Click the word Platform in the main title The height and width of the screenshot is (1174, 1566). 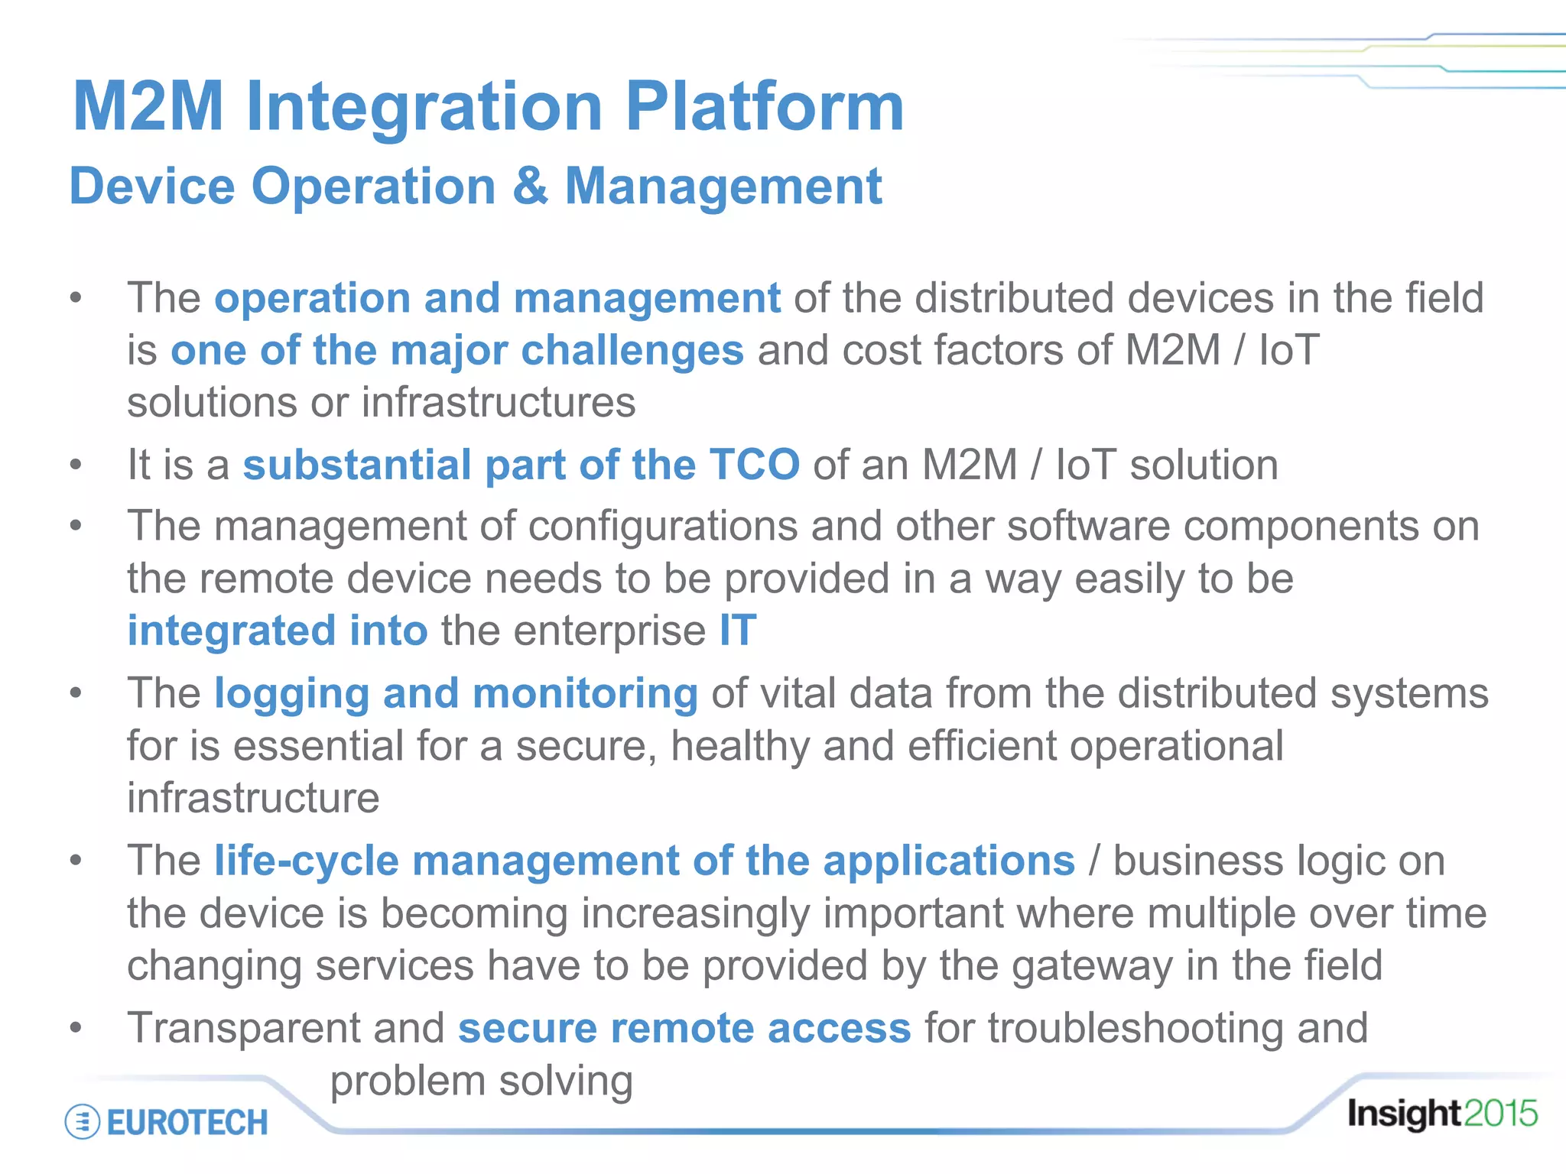tap(765, 107)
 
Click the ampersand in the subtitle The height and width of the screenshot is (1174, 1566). tap(530, 186)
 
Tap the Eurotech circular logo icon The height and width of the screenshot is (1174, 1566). tap(83, 1122)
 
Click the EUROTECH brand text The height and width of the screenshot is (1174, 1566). tap(187, 1122)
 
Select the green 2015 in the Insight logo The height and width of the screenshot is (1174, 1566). tap(1499, 1114)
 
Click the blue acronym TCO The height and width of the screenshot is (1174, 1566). tap(754, 465)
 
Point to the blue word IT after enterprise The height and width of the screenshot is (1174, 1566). tap(737, 631)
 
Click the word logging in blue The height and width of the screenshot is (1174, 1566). tap(291, 694)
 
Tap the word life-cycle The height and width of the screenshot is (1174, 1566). tap(306, 861)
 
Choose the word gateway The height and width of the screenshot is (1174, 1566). tap(1091, 966)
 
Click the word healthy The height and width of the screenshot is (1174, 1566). tap(739, 746)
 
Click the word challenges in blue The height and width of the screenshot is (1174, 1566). tap(632, 351)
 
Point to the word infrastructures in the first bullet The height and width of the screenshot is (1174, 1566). tap(498, 403)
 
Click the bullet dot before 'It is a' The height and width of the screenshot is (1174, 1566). tap(75, 465)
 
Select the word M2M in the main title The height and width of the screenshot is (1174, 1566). tap(148, 107)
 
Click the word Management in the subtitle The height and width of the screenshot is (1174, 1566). tap(723, 186)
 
